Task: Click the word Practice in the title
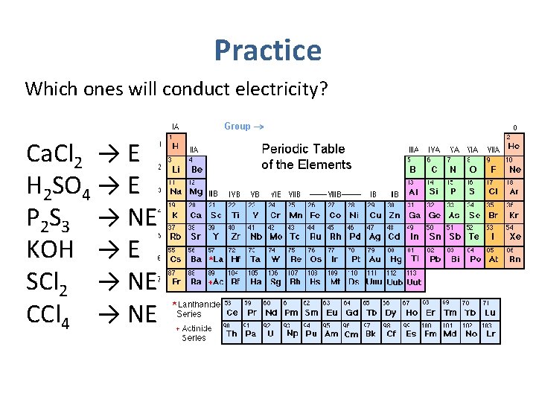(267, 51)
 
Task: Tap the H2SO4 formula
(58, 187)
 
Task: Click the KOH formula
(50, 249)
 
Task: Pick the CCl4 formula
(48, 315)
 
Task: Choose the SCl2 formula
(49, 283)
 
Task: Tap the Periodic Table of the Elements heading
(306, 156)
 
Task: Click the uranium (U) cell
(270, 330)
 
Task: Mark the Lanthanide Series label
(195, 308)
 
